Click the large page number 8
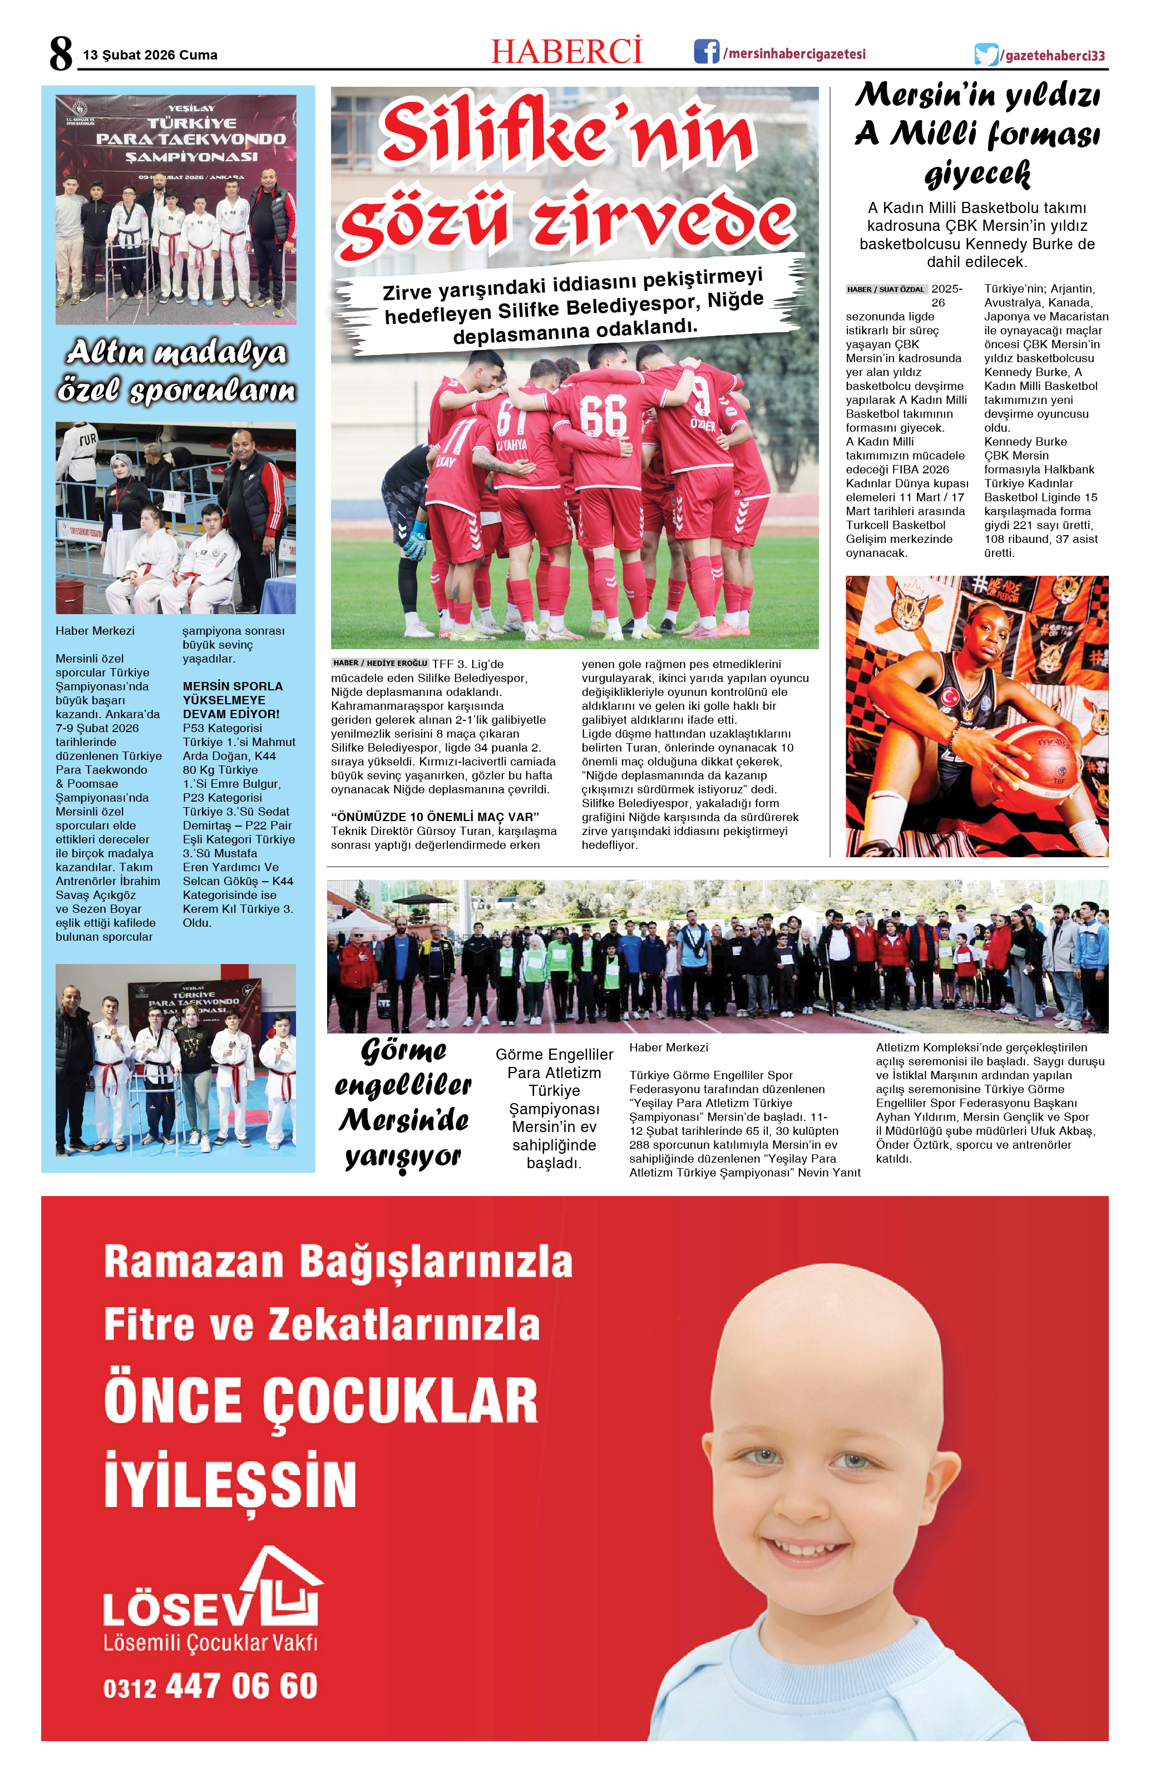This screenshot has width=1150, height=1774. coord(61,53)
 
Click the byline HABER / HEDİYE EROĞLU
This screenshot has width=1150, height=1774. coord(380,663)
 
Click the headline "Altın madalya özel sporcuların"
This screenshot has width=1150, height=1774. coord(176,371)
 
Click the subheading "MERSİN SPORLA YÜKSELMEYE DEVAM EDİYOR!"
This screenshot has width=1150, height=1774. coord(232,699)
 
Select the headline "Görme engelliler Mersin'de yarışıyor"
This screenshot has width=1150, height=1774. coord(403,1103)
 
